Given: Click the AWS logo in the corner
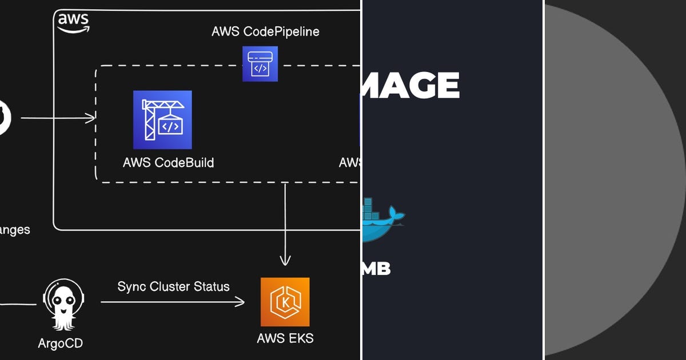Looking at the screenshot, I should tap(73, 23).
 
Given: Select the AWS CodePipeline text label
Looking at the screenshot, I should tap(265, 31).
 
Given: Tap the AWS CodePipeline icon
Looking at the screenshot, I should tap(260, 64).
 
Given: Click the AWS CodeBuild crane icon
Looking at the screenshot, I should tap(162, 119).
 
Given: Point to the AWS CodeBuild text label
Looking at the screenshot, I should tap(168, 163).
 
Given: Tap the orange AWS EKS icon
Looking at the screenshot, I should tap(285, 302).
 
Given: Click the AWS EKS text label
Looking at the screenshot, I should tap(285, 338).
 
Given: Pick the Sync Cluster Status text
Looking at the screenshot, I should tap(173, 286).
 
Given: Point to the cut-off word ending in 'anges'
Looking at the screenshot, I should tap(14, 230).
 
